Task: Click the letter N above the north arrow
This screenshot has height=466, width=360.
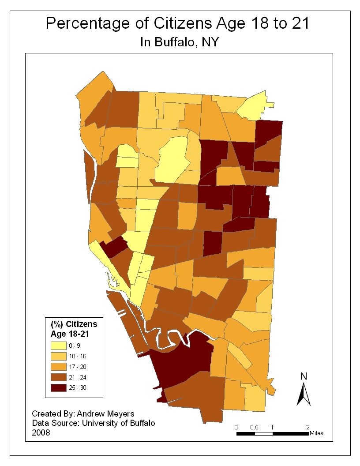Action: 304,376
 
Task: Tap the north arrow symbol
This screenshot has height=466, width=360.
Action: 304,394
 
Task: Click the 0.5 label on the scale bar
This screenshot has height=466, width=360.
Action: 255,427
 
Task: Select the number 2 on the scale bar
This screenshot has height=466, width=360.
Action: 308,427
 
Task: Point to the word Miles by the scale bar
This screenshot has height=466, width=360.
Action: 316,433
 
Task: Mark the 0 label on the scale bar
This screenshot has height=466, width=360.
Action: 236,427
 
